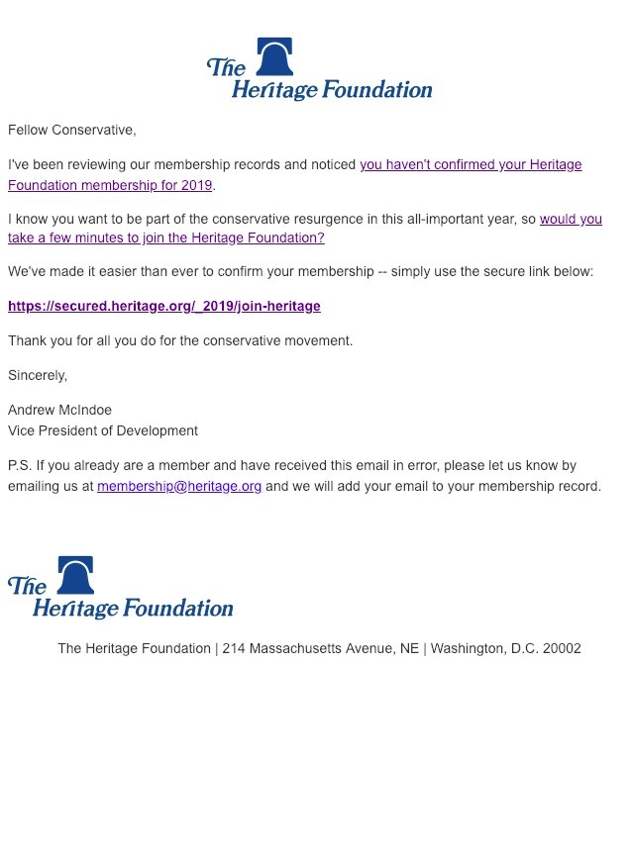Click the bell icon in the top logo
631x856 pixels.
274,57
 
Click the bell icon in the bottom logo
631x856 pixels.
75,575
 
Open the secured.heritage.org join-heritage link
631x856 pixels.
164,306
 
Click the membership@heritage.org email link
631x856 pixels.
179,486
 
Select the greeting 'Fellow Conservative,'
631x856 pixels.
71,130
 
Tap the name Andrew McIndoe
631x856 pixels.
59,410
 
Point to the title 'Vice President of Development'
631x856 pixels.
103,430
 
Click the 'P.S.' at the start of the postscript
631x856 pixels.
20,465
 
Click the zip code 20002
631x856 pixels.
562,648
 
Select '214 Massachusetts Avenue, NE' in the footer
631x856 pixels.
321,648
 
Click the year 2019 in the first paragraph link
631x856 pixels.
195,185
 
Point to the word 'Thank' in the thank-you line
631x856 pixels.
27,340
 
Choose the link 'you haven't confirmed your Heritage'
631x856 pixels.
471,164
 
